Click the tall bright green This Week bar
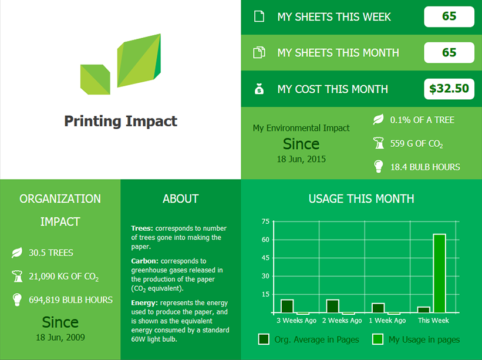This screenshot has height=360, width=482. [x=439, y=273]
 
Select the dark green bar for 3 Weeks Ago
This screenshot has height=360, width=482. [x=287, y=306]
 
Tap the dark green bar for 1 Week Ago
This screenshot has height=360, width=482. [x=378, y=308]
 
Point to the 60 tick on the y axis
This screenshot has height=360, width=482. [x=265, y=240]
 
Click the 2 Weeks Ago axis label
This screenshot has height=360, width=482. [x=342, y=320]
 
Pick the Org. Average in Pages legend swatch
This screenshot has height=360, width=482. [x=264, y=339]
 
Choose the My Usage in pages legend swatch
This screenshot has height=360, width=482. [x=377, y=339]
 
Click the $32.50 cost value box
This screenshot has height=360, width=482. [x=449, y=89]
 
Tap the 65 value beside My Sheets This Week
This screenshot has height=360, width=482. [x=449, y=16]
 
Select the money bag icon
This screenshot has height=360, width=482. [x=259, y=89]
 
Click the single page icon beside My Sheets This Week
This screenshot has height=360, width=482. [x=259, y=16]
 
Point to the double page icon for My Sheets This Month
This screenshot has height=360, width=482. [x=259, y=53]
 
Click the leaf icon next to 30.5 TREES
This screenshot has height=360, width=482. [x=17, y=253]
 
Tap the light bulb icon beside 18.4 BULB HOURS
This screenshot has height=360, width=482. [x=379, y=166]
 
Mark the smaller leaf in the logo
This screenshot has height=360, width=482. [x=95, y=79]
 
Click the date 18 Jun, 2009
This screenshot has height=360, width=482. [x=60, y=337]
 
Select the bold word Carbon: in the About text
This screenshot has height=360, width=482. [x=144, y=261]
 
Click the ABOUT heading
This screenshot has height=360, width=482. [x=181, y=199]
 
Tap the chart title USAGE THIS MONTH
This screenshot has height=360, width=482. [x=361, y=199]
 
